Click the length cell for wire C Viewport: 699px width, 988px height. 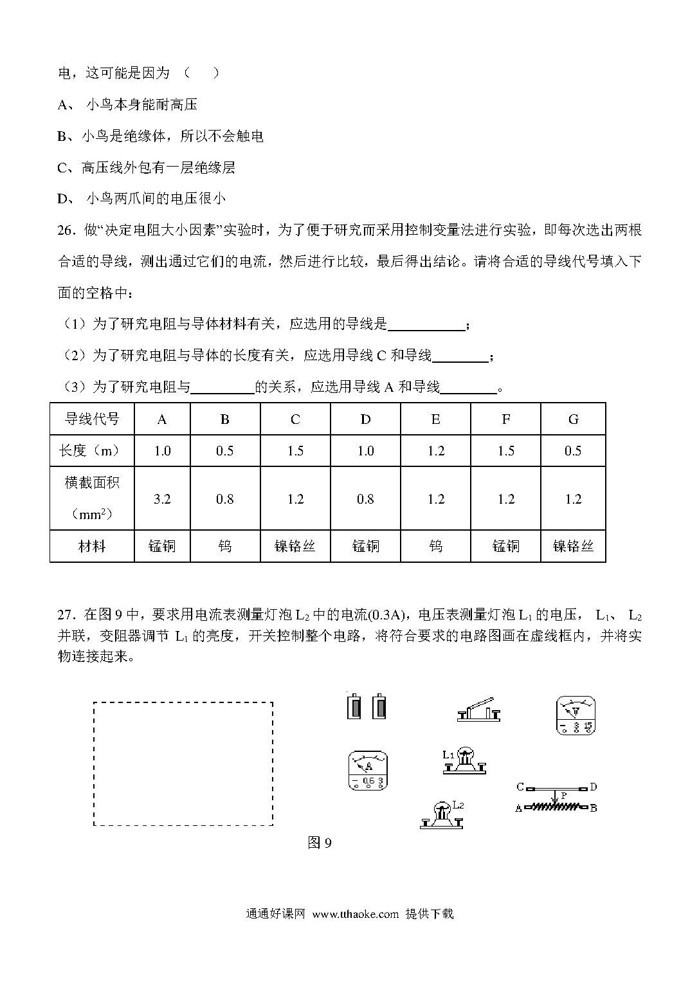tap(295, 450)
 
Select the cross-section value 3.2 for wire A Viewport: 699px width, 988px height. tap(162, 499)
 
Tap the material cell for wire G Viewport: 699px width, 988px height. tap(573, 546)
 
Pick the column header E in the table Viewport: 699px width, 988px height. tap(435, 419)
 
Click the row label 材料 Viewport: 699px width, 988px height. tap(92, 546)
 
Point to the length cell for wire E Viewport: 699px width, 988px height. tap(435, 450)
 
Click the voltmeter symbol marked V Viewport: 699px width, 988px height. tap(575, 715)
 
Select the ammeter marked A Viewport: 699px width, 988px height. tap(368, 770)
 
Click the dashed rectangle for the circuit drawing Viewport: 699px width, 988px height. tap(183, 764)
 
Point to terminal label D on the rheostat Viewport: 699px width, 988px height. tap(593, 787)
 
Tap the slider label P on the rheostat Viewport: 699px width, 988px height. tap(563, 796)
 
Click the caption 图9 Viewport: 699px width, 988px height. tap(320, 843)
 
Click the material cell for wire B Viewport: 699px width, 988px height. tap(225, 546)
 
